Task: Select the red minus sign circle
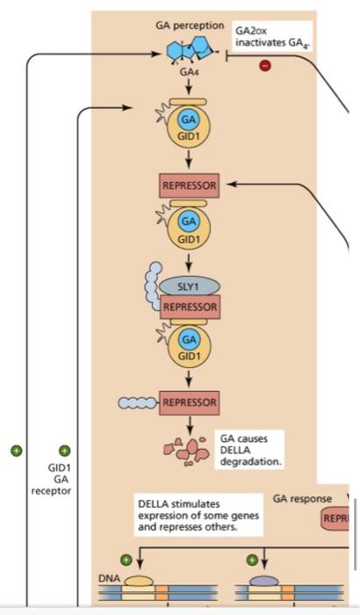264,66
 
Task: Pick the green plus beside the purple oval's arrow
253,559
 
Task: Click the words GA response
302,499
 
